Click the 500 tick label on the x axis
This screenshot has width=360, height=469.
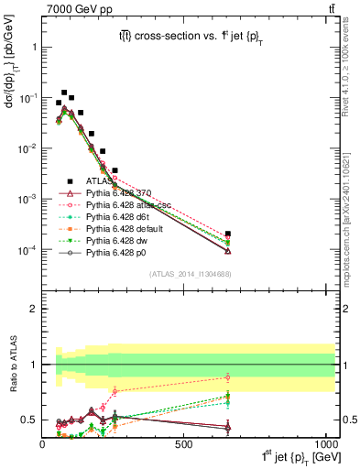185,444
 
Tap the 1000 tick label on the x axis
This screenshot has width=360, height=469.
325,444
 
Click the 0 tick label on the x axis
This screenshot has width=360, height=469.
43,444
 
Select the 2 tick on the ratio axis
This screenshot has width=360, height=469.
34,309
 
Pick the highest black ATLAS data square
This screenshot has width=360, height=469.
64,93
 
